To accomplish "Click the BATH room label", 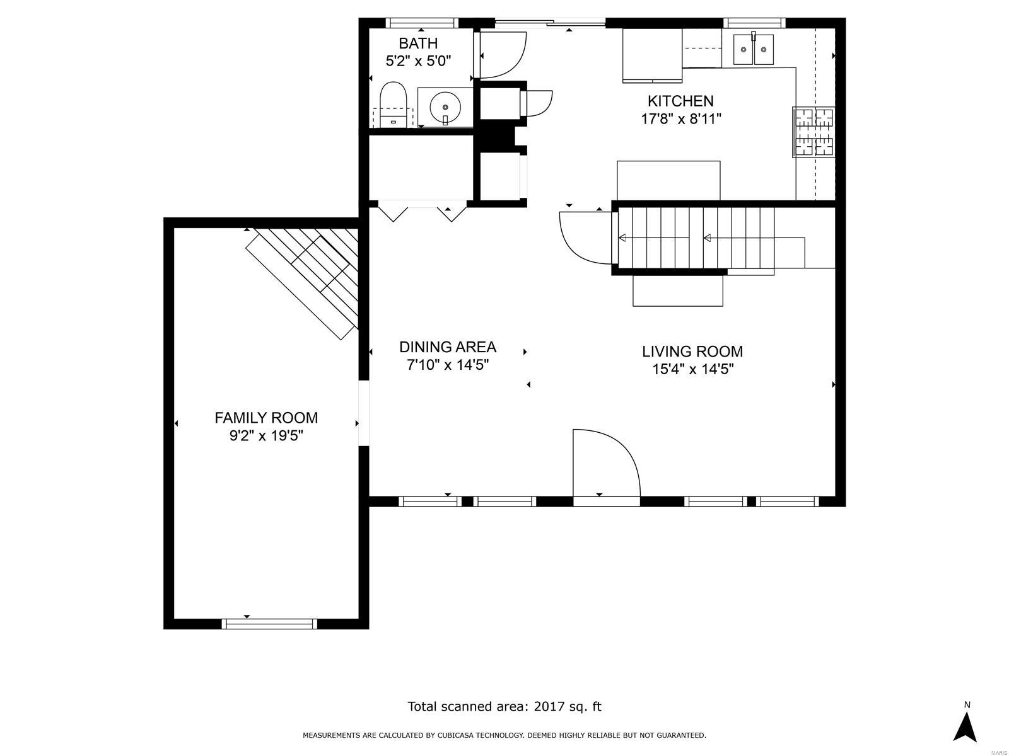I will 418,43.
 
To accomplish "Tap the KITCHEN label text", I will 680,101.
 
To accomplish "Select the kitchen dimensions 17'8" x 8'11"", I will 680,118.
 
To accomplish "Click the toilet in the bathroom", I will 394,103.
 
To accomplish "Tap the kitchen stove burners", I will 814,132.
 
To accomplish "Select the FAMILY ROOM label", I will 266,418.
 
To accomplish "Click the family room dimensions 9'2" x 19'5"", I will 266,435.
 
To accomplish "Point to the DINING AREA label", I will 447,347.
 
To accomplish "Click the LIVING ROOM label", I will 692,352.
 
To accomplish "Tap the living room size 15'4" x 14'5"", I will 692,369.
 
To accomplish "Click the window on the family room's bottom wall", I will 269,624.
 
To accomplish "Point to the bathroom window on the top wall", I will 421,23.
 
